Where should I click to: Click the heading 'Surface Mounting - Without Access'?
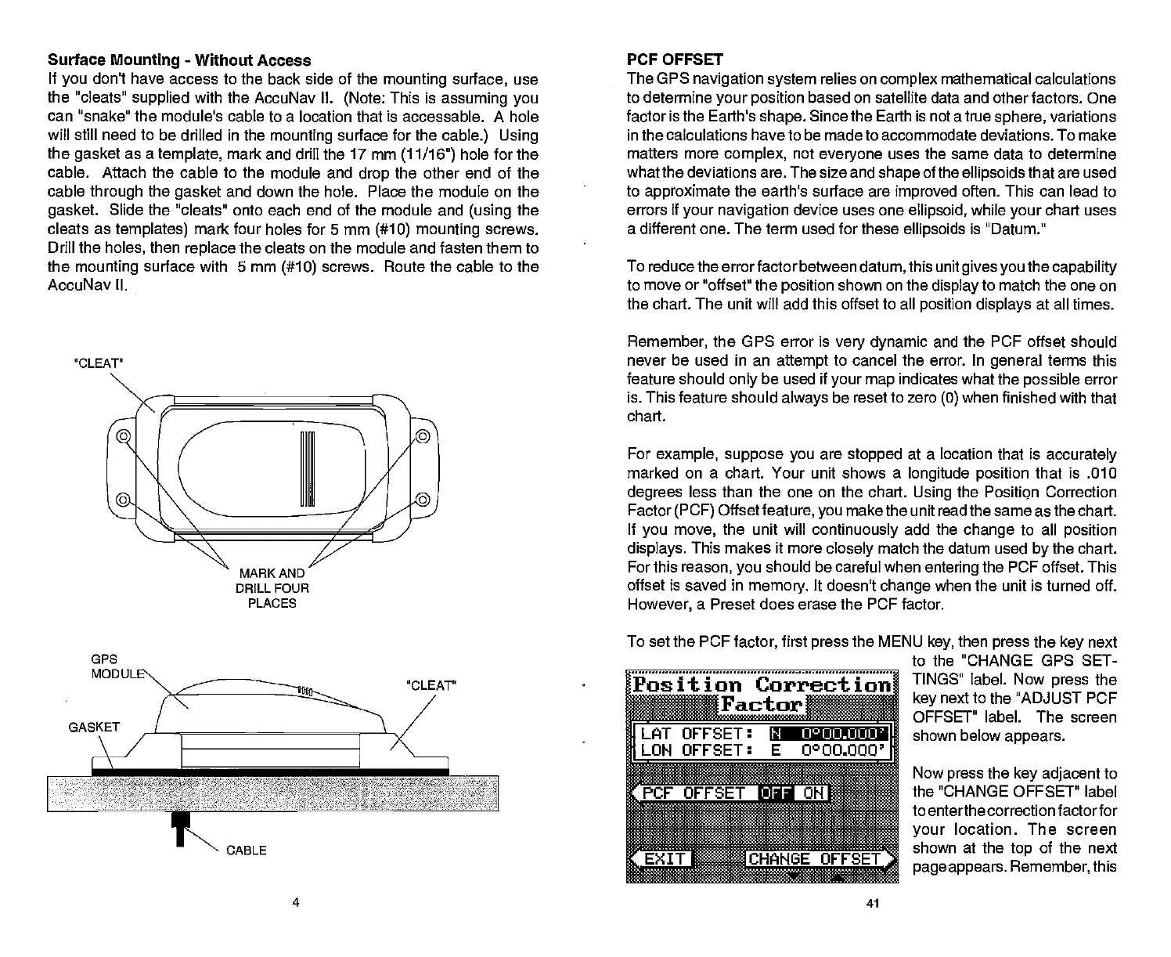(x=179, y=60)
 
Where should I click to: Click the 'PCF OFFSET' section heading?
(x=675, y=60)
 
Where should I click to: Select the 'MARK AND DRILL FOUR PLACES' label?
(x=271, y=588)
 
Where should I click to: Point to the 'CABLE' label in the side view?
(x=246, y=850)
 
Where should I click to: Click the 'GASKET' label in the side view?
(x=94, y=727)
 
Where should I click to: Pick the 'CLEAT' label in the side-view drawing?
(x=431, y=685)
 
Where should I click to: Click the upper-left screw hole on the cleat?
(x=123, y=435)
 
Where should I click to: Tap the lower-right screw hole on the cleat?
(x=423, y=500)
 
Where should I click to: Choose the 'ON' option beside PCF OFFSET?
(x=813, y=793)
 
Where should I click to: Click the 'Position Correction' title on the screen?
(x=762, y=684)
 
